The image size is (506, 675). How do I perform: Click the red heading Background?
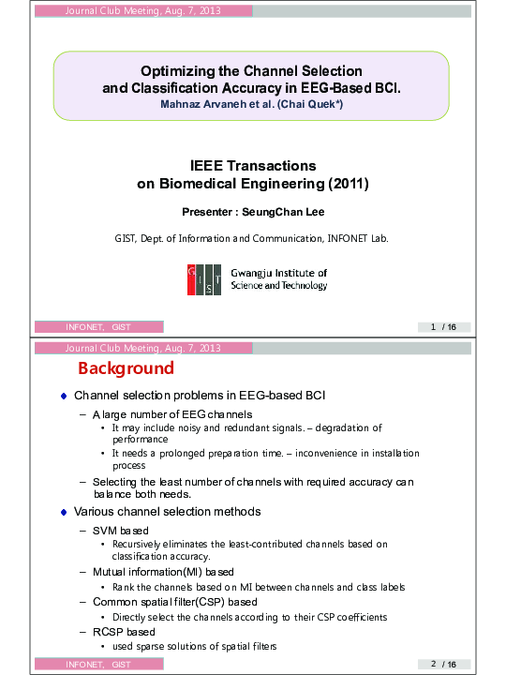126,368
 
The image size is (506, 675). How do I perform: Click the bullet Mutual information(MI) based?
163,571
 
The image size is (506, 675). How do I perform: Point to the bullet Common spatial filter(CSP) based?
174,602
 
